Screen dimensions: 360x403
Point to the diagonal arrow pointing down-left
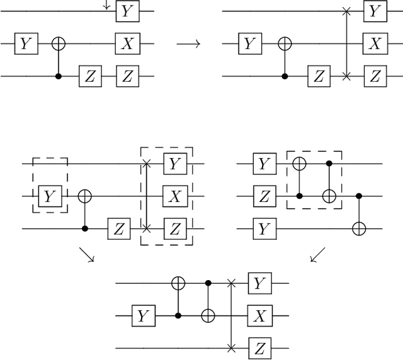pos(319,256)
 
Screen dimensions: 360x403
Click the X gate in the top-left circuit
pos(127,44)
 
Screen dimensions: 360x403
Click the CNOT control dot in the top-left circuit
pos(59,77)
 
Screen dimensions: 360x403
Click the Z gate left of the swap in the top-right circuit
pos(319,77)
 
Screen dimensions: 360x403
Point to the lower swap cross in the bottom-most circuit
pos(232,347)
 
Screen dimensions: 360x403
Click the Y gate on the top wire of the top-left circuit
pos(127,11)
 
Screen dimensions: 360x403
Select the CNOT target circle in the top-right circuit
pos(285,44)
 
